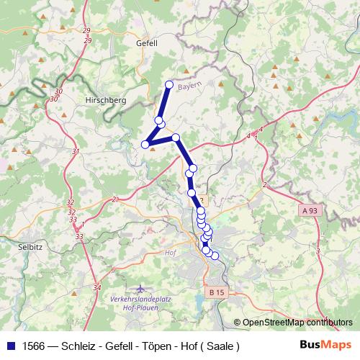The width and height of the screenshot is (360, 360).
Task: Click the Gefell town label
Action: point(146,42)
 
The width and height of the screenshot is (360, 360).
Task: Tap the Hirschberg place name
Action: point(106,100)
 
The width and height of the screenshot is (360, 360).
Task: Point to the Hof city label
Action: point(171,253)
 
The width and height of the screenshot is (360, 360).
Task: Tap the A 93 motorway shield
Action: point(310,209)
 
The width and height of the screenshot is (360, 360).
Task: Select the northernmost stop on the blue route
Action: point(169,84)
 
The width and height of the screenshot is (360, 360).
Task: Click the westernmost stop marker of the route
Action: point(145,144)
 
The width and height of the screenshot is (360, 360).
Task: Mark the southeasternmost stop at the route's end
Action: point(215,256)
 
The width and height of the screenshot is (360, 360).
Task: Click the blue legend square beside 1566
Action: point(9,346)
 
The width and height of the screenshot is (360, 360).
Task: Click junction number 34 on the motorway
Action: point(96,287)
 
